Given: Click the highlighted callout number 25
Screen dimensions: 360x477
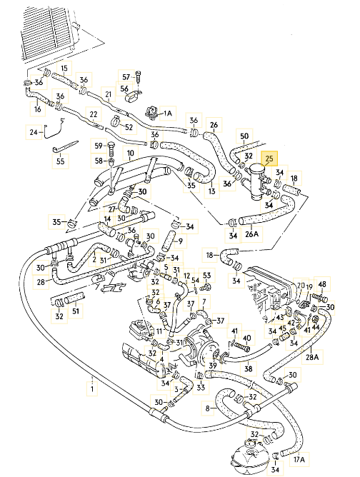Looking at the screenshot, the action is pyautogui.click(x=269, y=159).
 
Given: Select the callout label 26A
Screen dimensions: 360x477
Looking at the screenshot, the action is pyautogui.click(x=251, y=234).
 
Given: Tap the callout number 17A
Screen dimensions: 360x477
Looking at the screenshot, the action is pyautogui.click(x=299, y=458).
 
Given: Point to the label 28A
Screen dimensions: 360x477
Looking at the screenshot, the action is pyautogui.click(x=312, y=356).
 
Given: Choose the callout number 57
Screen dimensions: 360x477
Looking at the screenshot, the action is pyautogui.click(x=126, y=77).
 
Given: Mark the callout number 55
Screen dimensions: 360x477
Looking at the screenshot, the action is pyautogui.click(x=61, y=161).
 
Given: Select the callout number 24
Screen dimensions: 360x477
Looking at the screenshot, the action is pyautogui.click(x=34, y=132).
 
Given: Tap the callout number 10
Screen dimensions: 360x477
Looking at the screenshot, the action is pyautogui.click(x=130, y=154).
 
